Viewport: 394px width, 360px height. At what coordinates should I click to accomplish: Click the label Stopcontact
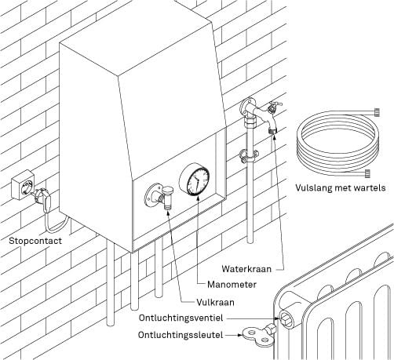pyautogui.click(x=35, y=241)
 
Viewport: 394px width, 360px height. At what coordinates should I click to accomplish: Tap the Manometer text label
pyautogui.click(x=232, y=285)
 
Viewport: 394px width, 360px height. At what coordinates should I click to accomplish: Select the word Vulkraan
pyautogui.click(x=215, y=302)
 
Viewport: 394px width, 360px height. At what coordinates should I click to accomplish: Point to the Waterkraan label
pyautogui.click(x=246, y=269)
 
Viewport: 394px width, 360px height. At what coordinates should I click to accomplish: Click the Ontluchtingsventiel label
pyautogui.click(x=181, y=318)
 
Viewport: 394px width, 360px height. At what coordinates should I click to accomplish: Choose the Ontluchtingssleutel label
pyautogui.click(x=181, y=335)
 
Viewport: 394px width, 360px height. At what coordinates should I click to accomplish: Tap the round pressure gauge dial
pyautogui.click(x=195, y=179)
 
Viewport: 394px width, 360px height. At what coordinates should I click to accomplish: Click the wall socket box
pyautogui.click(x=23, y=184)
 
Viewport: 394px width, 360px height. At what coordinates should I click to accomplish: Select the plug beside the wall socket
pyautogui.click(x=43, y=198)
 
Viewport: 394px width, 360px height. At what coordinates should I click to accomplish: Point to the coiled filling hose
pyautogui.click(x=337, y=143)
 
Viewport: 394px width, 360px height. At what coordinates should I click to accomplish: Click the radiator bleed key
pyautogui.click(x=260, y=336)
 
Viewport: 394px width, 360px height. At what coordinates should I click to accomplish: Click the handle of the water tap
pyautogui.click(x=275, y=106)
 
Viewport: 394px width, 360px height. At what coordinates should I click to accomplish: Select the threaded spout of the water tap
pyautogui.click(x=273, y=130)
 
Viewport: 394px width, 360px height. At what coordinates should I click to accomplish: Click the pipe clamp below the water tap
pyautogui.click(x=248, y=156)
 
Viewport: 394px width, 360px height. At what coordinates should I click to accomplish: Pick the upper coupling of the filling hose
pyautogui.click(x=377, y=112)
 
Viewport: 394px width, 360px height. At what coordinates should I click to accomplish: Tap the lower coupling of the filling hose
pyautogui.click(x=367, y=173)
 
